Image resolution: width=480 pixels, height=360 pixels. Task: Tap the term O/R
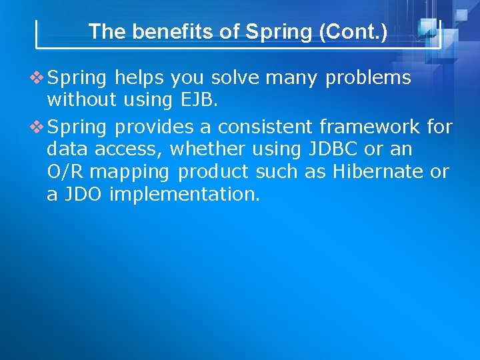[x=65, y=171]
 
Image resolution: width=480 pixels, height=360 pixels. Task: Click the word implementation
[x=185, y=195]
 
